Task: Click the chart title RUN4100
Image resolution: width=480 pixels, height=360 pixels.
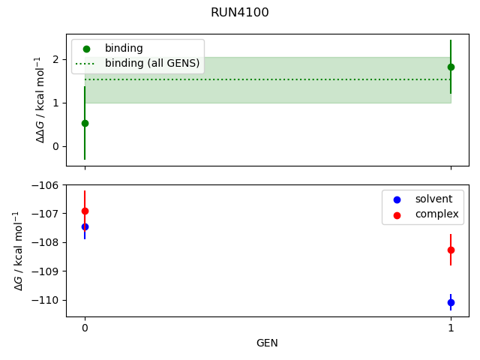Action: point(240,13)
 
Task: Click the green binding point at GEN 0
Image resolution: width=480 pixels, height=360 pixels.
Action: point(85,123)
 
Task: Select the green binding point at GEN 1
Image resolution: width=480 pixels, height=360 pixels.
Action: point(451,67)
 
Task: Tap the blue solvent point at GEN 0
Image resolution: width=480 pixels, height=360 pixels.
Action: point(85,226)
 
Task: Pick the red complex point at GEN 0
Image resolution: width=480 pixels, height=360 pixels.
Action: point(85,211)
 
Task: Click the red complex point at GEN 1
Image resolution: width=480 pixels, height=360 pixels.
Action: point(451,250)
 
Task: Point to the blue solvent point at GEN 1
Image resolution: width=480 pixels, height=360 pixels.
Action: point(451,302)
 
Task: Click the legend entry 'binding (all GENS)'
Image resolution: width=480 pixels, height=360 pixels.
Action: point(152,64)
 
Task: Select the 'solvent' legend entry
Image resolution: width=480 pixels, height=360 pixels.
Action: point(428,199)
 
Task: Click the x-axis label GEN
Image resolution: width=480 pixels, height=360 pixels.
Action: point(268,343)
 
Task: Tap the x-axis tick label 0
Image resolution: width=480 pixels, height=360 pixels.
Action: point(85,328)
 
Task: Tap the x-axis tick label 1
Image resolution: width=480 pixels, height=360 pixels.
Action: point(451,328)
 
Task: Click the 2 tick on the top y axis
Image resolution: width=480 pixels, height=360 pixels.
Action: point(55,59)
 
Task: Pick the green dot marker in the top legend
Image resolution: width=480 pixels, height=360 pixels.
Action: point(86,49)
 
